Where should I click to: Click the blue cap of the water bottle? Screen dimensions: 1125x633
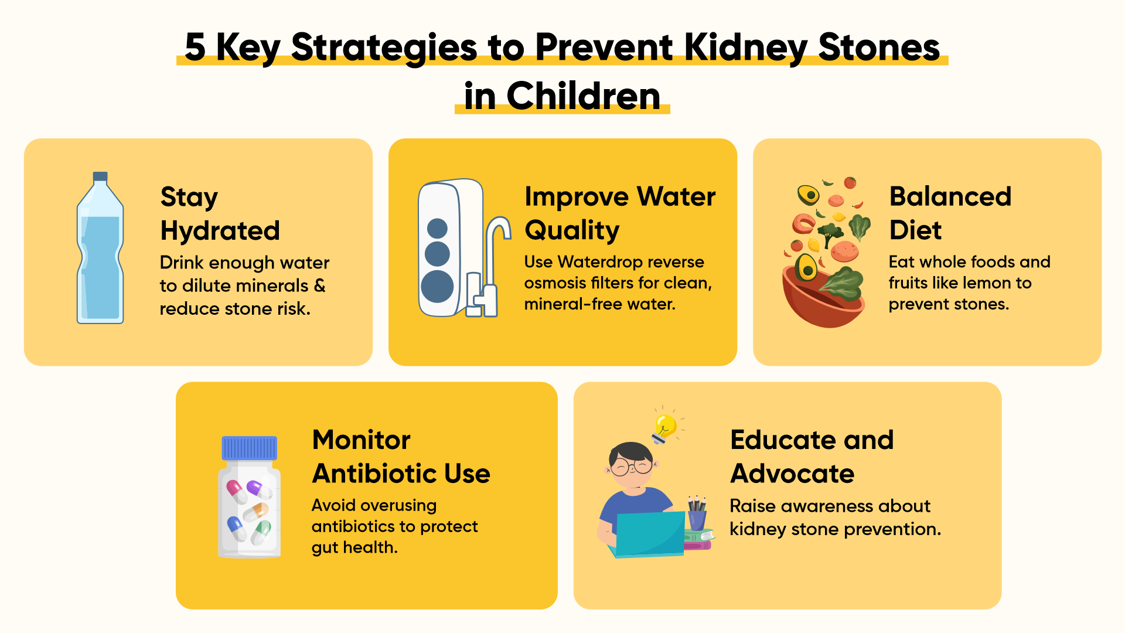tap(100, 176)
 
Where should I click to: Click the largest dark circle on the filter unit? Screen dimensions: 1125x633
tap(437, 286)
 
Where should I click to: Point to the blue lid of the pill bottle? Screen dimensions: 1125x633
tap(249, 448)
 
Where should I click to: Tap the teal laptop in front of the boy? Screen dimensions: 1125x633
tap(650, 534)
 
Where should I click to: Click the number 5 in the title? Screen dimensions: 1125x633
tap(195, 47)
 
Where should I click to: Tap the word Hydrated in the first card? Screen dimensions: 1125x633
tap(220, 230)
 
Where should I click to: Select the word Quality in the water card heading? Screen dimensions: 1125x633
tap(572, 231)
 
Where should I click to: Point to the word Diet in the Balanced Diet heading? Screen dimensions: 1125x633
tap(915, 230)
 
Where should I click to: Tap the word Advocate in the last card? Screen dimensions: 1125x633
tap(792, 474)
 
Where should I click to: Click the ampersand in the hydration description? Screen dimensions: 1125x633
tap(319, 285)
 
